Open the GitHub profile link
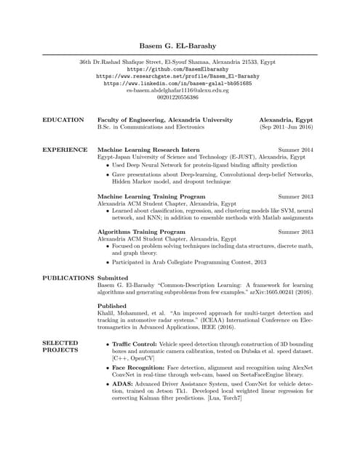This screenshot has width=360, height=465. point(179,69)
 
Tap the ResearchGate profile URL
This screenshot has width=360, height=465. point(179,76)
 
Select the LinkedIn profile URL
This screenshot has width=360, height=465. point(179,84)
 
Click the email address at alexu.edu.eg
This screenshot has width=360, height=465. point(179,90)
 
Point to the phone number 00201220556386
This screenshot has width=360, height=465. point(179,97)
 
